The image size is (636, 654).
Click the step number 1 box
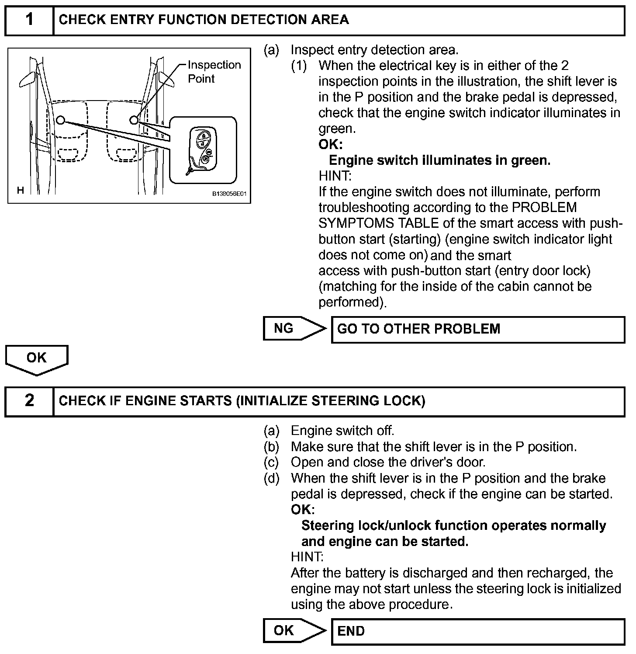click(29, 20)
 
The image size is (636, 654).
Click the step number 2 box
click(29, 401)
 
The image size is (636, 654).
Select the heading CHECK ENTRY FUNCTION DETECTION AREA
click(204, 20)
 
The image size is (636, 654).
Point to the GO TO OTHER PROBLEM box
click(477, 329)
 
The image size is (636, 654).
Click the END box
click(477, 631)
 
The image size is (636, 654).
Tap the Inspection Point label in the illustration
click(214, 72)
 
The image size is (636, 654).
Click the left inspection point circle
click(60, 120)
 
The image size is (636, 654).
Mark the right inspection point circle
click(134, 120)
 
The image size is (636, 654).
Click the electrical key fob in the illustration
click(201, 150)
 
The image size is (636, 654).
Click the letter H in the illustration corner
click(20, 190)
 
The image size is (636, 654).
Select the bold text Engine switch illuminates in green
click(439, 160)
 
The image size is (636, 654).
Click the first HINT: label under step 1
click(335, 176)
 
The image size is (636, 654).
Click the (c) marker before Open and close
click(271, 462)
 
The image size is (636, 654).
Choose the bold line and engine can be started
click(384, 542)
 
